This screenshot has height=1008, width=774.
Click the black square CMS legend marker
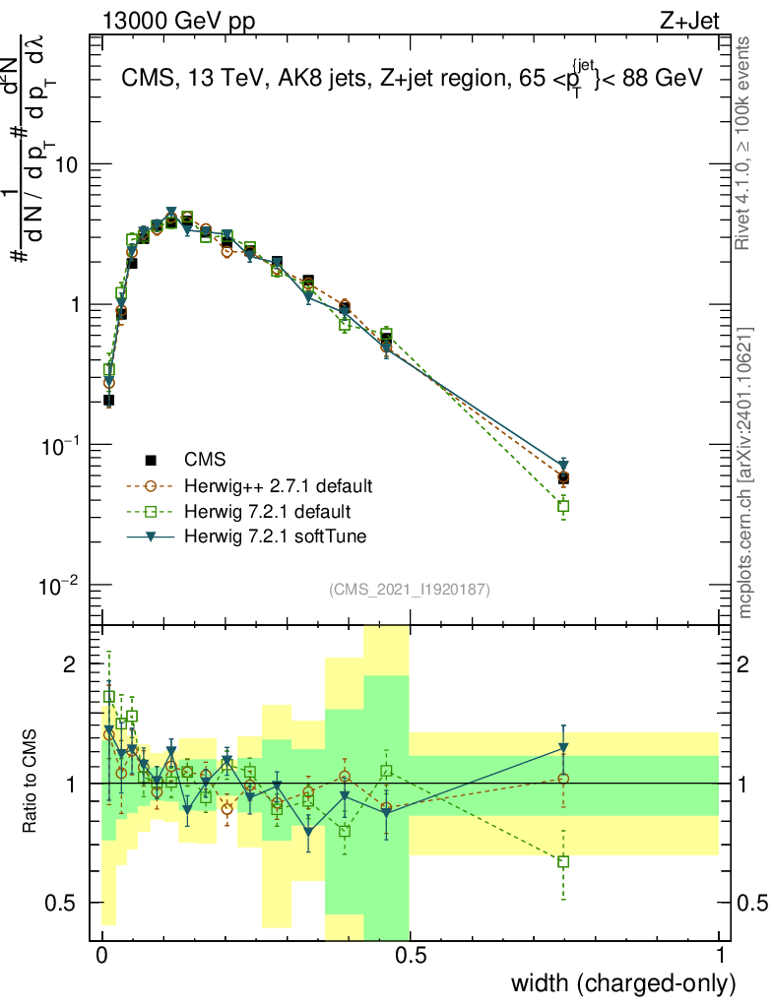pyautogui.click(x=152, y=460)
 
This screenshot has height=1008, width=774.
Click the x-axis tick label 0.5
pyautogui.click(x=411, y=957)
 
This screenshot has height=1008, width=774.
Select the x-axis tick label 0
pyautogui.click(x=102, y=957)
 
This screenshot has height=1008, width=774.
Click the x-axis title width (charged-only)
pyautogui.click(x=622, y=983)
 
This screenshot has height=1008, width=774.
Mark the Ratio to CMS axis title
pyautogui.click(x=32, y=783)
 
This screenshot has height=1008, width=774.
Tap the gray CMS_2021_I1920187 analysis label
pyautogui.click(x=409, y=590)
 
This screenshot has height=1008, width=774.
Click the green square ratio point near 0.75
pyautogui.click(x=563, y=861)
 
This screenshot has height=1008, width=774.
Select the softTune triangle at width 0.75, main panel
pyautogui.click(x=563, y=465)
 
